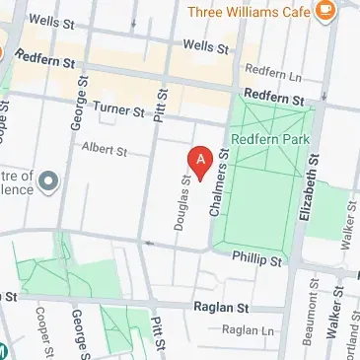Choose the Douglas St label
[x=181, y=203]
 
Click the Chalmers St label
[x=220, y=182]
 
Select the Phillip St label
[x=256, y=260]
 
